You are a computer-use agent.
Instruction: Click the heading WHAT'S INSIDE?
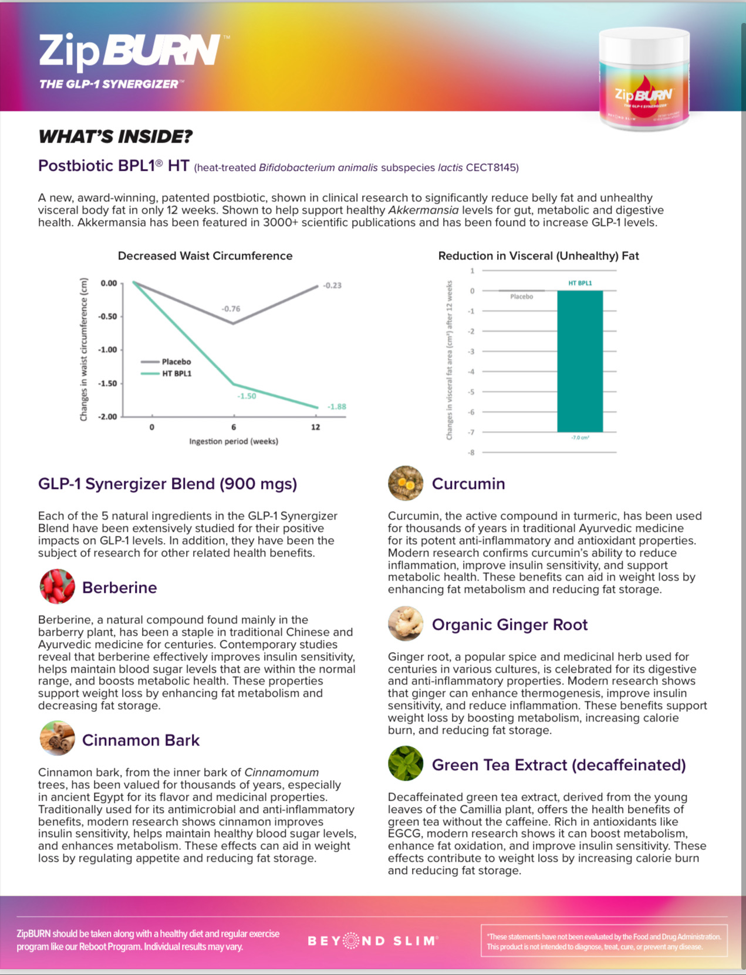115,137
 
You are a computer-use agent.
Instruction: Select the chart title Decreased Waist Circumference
205,256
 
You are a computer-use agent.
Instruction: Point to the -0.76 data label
231,309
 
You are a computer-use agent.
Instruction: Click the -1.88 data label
336,407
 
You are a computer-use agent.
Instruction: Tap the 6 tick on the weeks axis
234,427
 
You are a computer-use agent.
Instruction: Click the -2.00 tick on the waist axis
107,417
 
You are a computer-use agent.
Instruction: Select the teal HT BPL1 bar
580,361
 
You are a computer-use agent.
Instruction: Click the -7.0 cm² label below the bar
580,438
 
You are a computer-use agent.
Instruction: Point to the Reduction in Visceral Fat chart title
538,256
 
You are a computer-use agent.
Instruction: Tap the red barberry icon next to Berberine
57,586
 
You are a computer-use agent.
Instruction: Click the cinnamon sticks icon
57,738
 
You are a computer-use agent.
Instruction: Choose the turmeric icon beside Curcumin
405,483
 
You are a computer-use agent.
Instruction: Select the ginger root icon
405,623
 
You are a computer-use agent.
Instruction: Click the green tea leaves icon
405,764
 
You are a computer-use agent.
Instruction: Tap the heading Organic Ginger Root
509,625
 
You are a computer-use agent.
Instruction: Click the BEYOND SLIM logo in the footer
373,941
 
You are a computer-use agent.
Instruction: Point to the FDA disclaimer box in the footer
603,942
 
